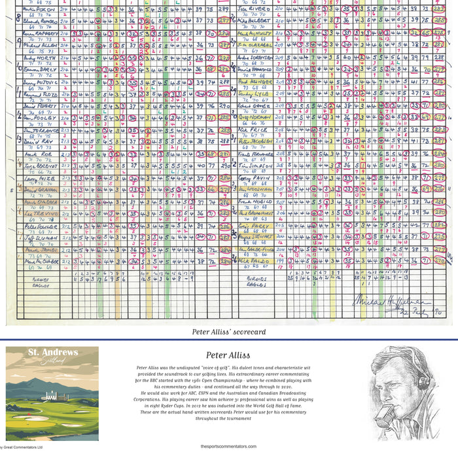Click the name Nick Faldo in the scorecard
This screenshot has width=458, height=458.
pyautogui.click(x=252, y=260)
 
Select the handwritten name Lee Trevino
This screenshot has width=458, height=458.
pyautogui.click(x=38, y=213)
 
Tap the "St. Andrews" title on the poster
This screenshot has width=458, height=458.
pyautogui.click(x=52, y=353)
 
